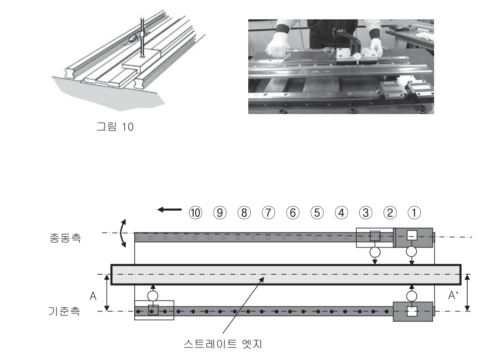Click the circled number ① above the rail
pos(412,213)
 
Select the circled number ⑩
pos(194,213)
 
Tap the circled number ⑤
pos(316,213)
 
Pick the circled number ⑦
pos(268,213)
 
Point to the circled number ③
pos(364,213)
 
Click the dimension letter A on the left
pos(92,296)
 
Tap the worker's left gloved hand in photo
pos(375,46)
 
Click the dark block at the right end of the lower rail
pos(412,311)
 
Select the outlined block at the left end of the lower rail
pos(154,310)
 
